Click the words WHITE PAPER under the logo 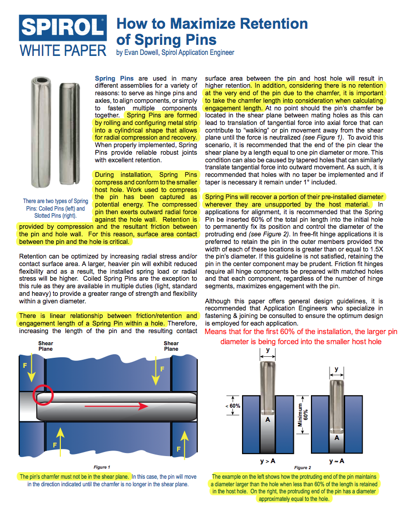pyautogui.click(x=63, y=50)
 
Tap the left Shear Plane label pyautogui.click(x=46, y=346)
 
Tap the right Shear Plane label pyautogui.click(x=171, y=346)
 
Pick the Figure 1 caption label pyautogui.click(x=102, y=467)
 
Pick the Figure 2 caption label pyautogui.click(x=302, y=468)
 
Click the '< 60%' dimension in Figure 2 pyautogui.click(x=234, y=405)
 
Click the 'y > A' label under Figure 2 pyautogui.click(x=267, y=461)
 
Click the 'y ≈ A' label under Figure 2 pyautogui.click(x=337, y=461)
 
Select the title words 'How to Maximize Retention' pyautogui.click(x=212, y=24)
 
